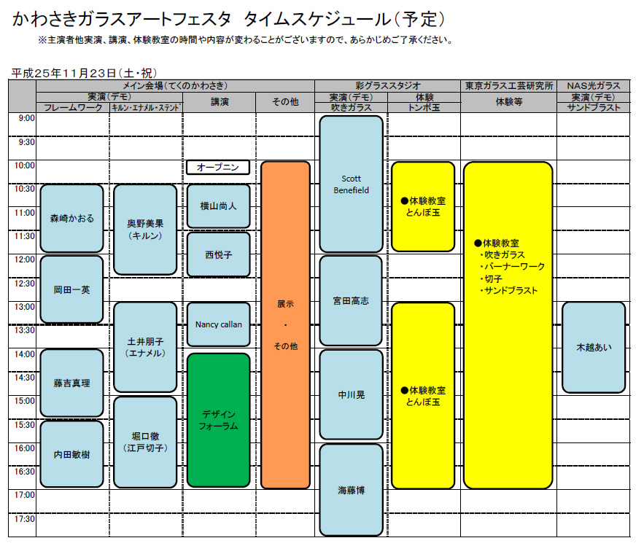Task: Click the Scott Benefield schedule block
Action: [351, 184]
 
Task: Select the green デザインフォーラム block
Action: [219, 420]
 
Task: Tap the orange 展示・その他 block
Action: [285, 324]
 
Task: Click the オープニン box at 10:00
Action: [219, 168]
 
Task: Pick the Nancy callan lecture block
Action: [219, 324]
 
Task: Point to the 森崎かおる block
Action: [71, 218]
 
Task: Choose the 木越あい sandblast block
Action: [594, 347]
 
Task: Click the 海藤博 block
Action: [351, 490]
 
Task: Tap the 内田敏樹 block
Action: [71, 453]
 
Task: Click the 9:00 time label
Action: [26, 118]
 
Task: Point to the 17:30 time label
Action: [26, 519]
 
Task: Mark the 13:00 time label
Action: [26, 307]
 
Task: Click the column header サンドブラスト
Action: [594, 107]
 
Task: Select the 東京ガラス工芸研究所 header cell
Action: [509, 85]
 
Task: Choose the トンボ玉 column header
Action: [425, 107]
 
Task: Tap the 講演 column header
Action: [219, 102]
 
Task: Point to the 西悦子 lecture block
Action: [219, 254]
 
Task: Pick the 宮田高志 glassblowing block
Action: [351, 300]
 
